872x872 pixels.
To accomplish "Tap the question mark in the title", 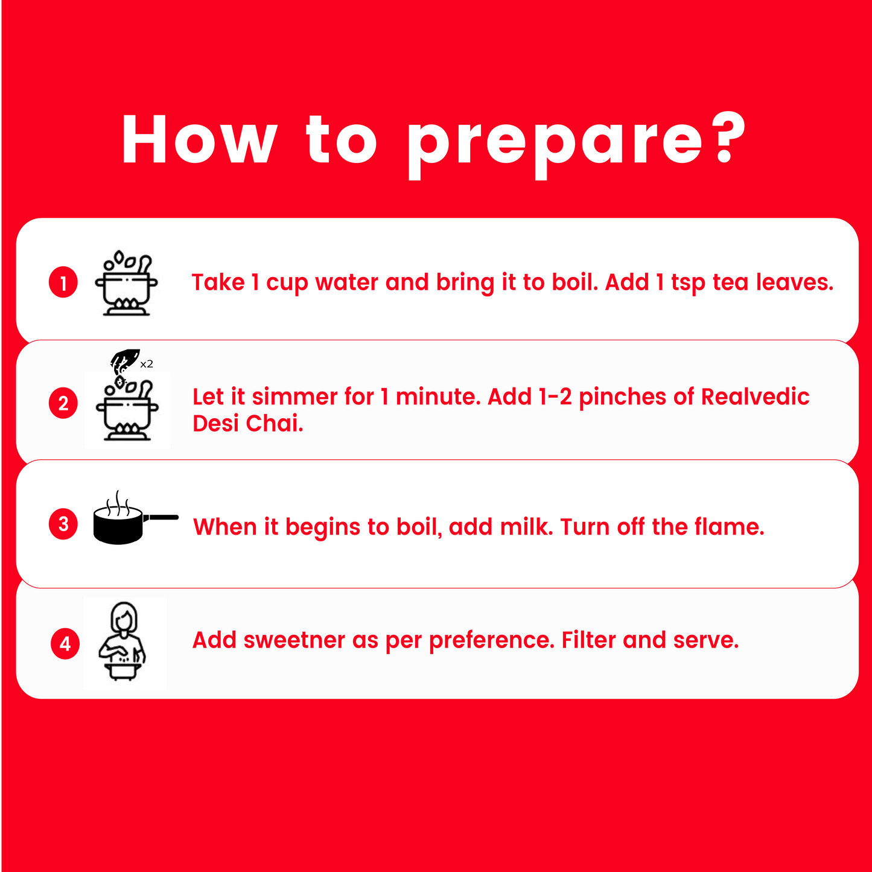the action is pos(730,138).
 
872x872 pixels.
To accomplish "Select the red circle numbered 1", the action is pos(63,282).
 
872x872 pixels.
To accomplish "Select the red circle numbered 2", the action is pos(63,403).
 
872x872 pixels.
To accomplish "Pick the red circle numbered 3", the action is pos(63,524).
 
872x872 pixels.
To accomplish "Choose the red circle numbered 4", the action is pos(65,643).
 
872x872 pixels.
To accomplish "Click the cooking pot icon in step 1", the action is pos(126,283).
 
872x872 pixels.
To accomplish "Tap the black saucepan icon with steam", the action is pos(136,518).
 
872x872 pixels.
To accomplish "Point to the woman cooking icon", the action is pos(123,641).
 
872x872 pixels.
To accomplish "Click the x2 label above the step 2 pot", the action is pos(147,364).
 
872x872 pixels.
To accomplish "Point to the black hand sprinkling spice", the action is pos(124,359).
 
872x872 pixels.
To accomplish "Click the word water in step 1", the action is pos(347,282).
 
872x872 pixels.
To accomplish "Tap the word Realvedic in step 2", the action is pos(755,396).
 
